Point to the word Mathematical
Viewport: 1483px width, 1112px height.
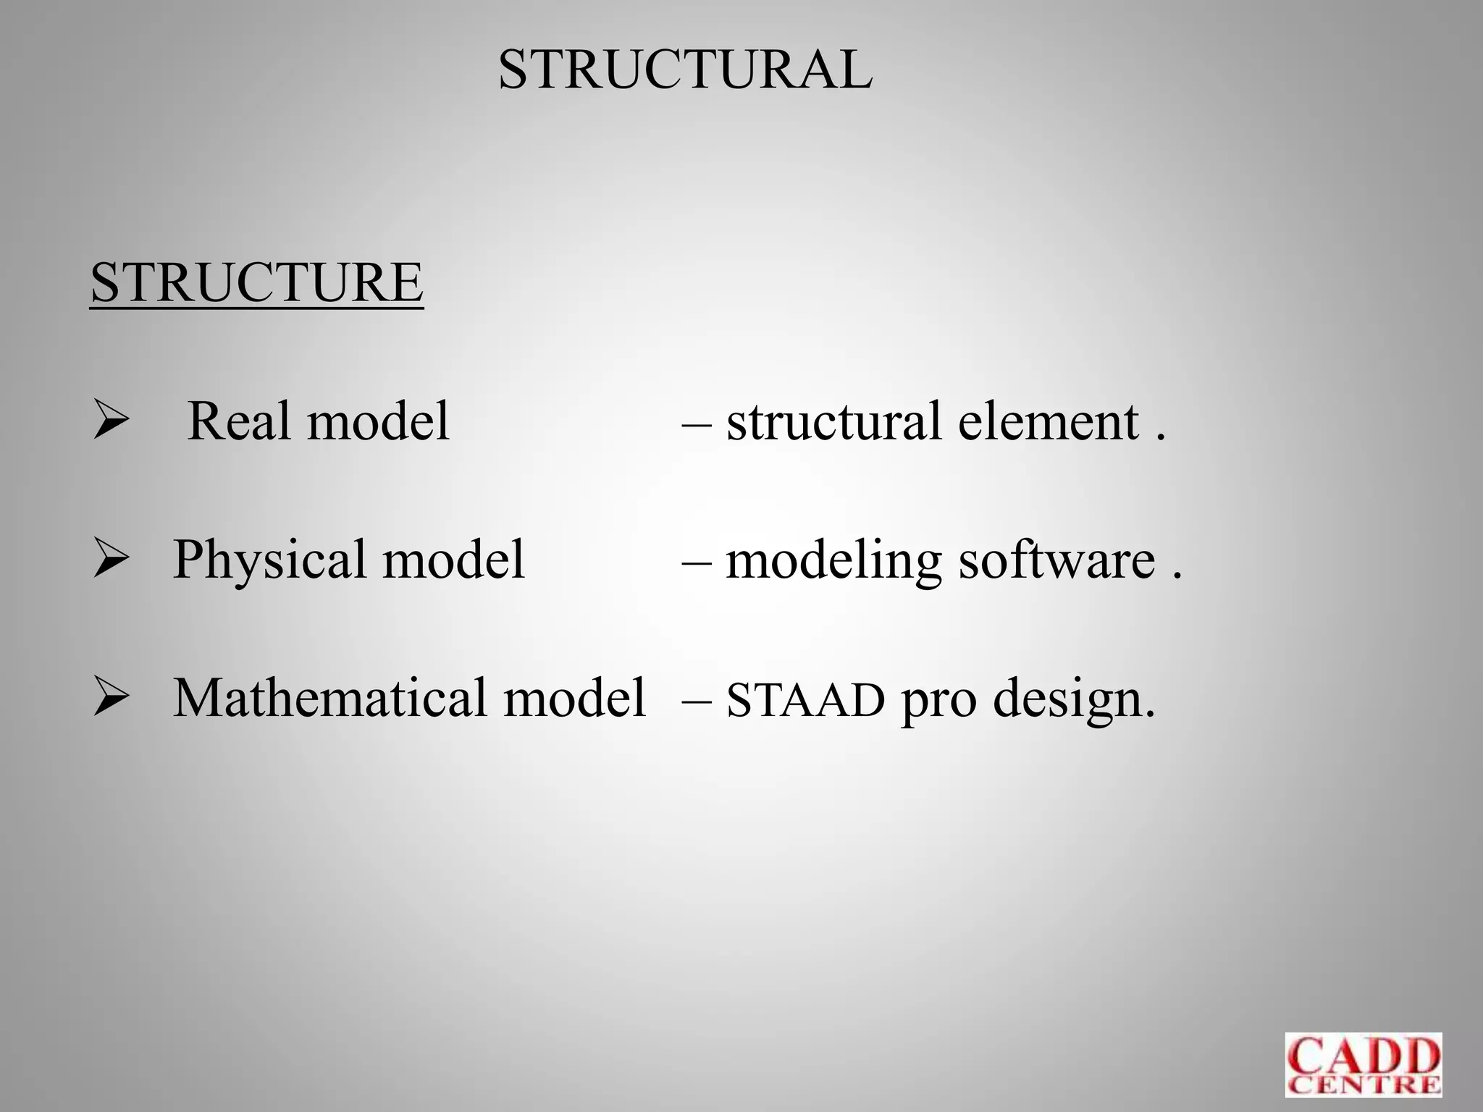(x=329, y=698)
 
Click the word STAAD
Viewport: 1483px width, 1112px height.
(x=805, y=700)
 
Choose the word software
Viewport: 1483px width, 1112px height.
(x=1057, y=560)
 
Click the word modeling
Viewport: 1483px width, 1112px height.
(x=833, y=562)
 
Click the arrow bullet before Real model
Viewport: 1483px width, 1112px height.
(x=111, y=422)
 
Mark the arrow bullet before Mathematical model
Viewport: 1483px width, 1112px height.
(x=111, y=699)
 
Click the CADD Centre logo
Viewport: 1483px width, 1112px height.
(x=1363, y=1064)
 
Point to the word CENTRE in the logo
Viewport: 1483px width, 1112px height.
(x=1363, y=1084)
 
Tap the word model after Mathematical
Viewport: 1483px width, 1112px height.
(x=574, y=698)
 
